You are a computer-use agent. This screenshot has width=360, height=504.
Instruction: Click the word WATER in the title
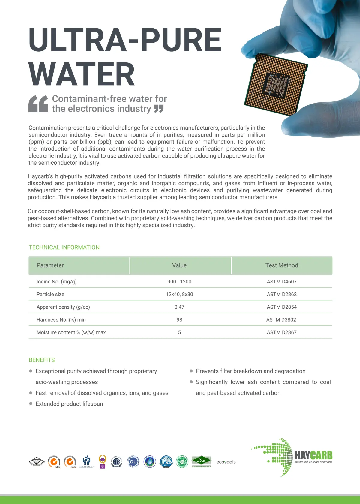tap(82, 74)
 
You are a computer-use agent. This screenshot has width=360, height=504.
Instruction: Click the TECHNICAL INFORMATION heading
tap(64, 247)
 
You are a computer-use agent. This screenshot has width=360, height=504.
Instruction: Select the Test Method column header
tap(282, 265)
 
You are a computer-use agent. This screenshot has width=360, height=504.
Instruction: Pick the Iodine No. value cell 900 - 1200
tap(179, 282)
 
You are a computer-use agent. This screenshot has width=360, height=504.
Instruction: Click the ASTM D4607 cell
tap(282, 282)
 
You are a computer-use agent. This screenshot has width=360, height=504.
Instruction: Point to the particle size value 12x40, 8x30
tap(179, 294)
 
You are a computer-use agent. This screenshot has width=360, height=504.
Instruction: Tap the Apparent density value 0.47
tap(179, 307)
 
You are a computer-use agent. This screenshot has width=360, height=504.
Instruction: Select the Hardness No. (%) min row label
tap(61, 320)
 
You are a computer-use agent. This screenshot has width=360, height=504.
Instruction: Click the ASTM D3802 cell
tap(281, 320)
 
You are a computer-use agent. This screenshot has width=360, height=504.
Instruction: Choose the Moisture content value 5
tap(179, 332)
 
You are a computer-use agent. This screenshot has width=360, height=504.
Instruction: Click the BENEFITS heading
tap(42, 360)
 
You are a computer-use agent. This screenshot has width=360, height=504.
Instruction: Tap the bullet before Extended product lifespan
tap(31, 403)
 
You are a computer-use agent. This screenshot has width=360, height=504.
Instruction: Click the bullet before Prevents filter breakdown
tap(191, 371)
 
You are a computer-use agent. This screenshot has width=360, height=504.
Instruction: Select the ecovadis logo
tap(226, 462)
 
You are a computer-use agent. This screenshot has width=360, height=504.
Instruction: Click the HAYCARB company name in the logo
tap(313, 455)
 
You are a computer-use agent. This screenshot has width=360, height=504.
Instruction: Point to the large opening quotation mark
tap(38, 104)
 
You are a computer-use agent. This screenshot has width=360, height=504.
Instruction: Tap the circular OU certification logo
tap(133, 461)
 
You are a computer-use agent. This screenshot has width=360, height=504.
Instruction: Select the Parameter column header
tap(50, 265)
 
